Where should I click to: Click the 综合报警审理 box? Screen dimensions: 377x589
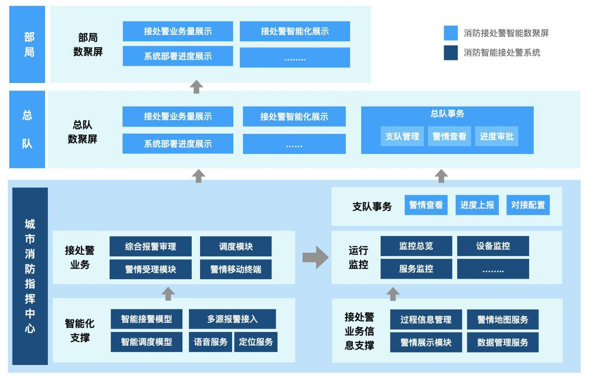click(x=150, y=247)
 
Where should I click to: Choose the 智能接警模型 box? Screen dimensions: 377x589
click(x=146, y=319)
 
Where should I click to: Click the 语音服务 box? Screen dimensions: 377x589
click(x=210, y=342)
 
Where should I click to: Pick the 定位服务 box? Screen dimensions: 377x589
click(x=255, y=342)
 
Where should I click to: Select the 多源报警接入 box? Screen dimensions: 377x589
click(x=232, y=319)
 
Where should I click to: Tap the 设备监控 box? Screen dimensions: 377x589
click(x=492, y=246)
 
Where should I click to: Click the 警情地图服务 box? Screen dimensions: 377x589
click(x=502, y=319)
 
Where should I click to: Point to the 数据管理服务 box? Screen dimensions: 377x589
click(x=502, y=343)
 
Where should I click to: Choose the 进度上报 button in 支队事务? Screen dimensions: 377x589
click(x=477, y=205)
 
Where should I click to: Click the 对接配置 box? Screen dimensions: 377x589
click(x=528, y=205)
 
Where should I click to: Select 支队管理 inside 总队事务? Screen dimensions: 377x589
click(x=402, y=136)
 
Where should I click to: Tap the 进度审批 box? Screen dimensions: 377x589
click(x=496, y=136)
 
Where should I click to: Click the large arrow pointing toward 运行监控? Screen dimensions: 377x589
click(x=315, y=257)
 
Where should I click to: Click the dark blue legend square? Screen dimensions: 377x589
click(x=451, y=53)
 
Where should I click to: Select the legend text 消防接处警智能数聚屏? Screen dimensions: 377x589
click(x=506, y=33)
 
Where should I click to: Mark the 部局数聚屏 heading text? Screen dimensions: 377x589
click(x=88, y=45)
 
